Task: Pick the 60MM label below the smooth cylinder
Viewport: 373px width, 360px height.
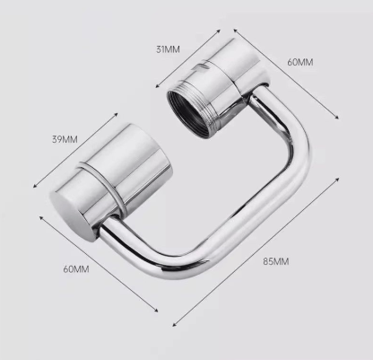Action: point(76,268)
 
